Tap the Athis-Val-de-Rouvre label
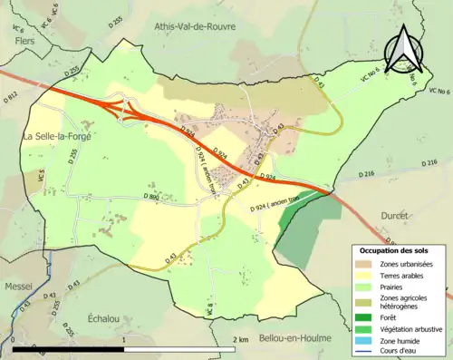(x=195, y=26)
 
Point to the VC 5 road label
(x=42, y=177)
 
